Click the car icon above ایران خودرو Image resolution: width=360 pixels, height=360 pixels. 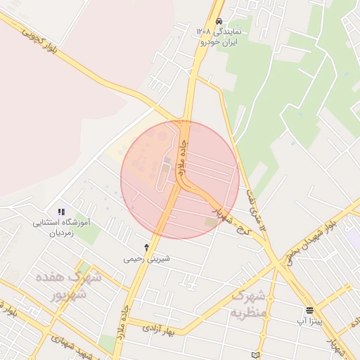(x=219, y=22)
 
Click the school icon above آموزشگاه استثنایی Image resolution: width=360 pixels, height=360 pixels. (x=62, y=212)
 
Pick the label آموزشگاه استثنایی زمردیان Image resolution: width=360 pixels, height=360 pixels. (x=63, y=226)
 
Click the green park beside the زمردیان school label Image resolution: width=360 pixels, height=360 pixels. (x=89, y=233)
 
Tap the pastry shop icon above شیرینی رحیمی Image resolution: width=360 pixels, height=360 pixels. (x=146, y=247)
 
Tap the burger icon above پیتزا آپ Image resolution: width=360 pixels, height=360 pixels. (x=309, y=310)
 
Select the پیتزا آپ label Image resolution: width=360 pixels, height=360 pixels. (x=309, y=321)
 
